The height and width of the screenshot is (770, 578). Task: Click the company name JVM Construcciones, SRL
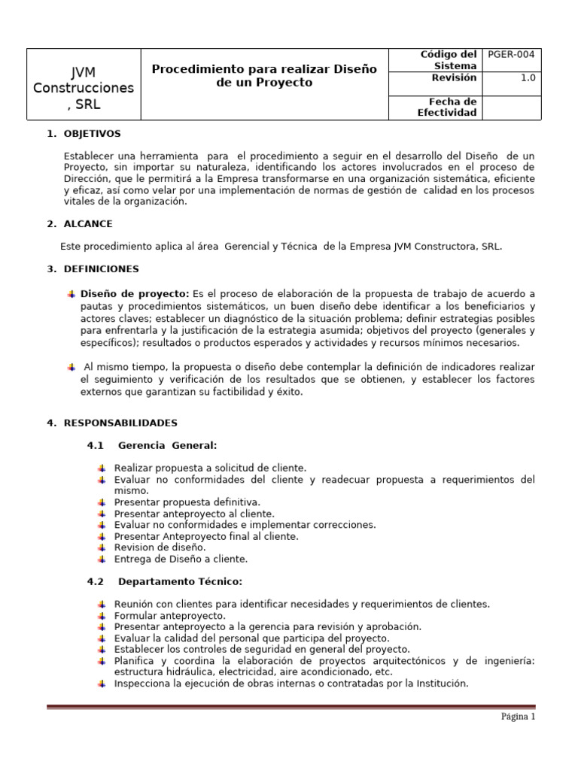(84, 88)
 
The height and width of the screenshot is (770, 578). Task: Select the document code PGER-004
(511, 55)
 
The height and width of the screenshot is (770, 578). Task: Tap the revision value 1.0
(528, 77)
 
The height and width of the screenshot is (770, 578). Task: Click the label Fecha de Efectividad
(447, 107)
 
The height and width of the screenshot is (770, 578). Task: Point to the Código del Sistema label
(448, 60)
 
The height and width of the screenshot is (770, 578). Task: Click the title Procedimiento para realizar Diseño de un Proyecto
(263, 76)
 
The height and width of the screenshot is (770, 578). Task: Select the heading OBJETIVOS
(93, 134)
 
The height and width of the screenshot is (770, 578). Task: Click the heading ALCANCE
(88, 223)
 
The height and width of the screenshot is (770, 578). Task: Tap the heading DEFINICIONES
(101, 268)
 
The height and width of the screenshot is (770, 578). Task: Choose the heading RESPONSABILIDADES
(120, 423)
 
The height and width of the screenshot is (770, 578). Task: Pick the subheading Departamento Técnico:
(180, 581)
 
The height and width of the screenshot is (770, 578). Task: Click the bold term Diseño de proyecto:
(135, 293)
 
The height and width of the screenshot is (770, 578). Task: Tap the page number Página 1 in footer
(518, 717)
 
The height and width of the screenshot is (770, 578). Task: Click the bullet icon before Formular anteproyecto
(102, 615)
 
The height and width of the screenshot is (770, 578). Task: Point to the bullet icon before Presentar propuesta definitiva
(102, 502)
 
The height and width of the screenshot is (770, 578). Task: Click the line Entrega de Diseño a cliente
(181, 559)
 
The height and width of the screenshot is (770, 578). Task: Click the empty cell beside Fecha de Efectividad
(511, 107)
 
